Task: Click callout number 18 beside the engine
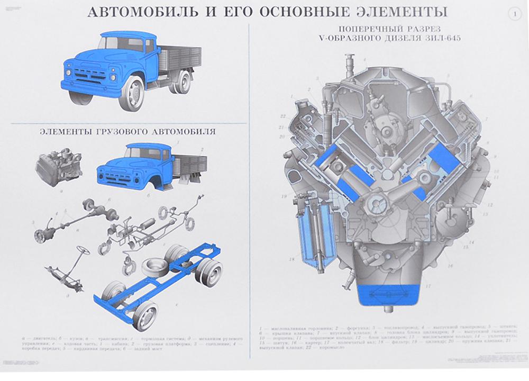[x=291, y=259]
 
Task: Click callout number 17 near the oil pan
[x=427, y=286]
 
